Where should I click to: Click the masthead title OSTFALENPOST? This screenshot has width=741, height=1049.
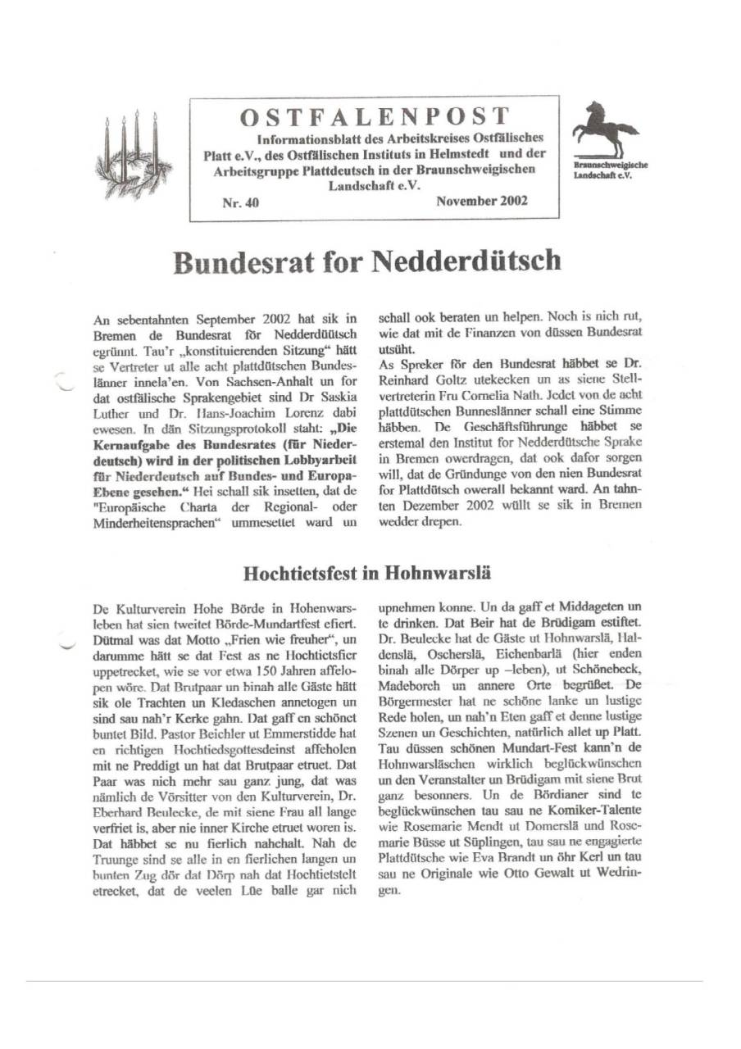[x=374, y=116]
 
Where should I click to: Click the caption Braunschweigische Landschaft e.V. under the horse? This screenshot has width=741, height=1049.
[x=606, y=170]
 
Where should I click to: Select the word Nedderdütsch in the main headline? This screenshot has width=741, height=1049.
[x=467, y=262]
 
